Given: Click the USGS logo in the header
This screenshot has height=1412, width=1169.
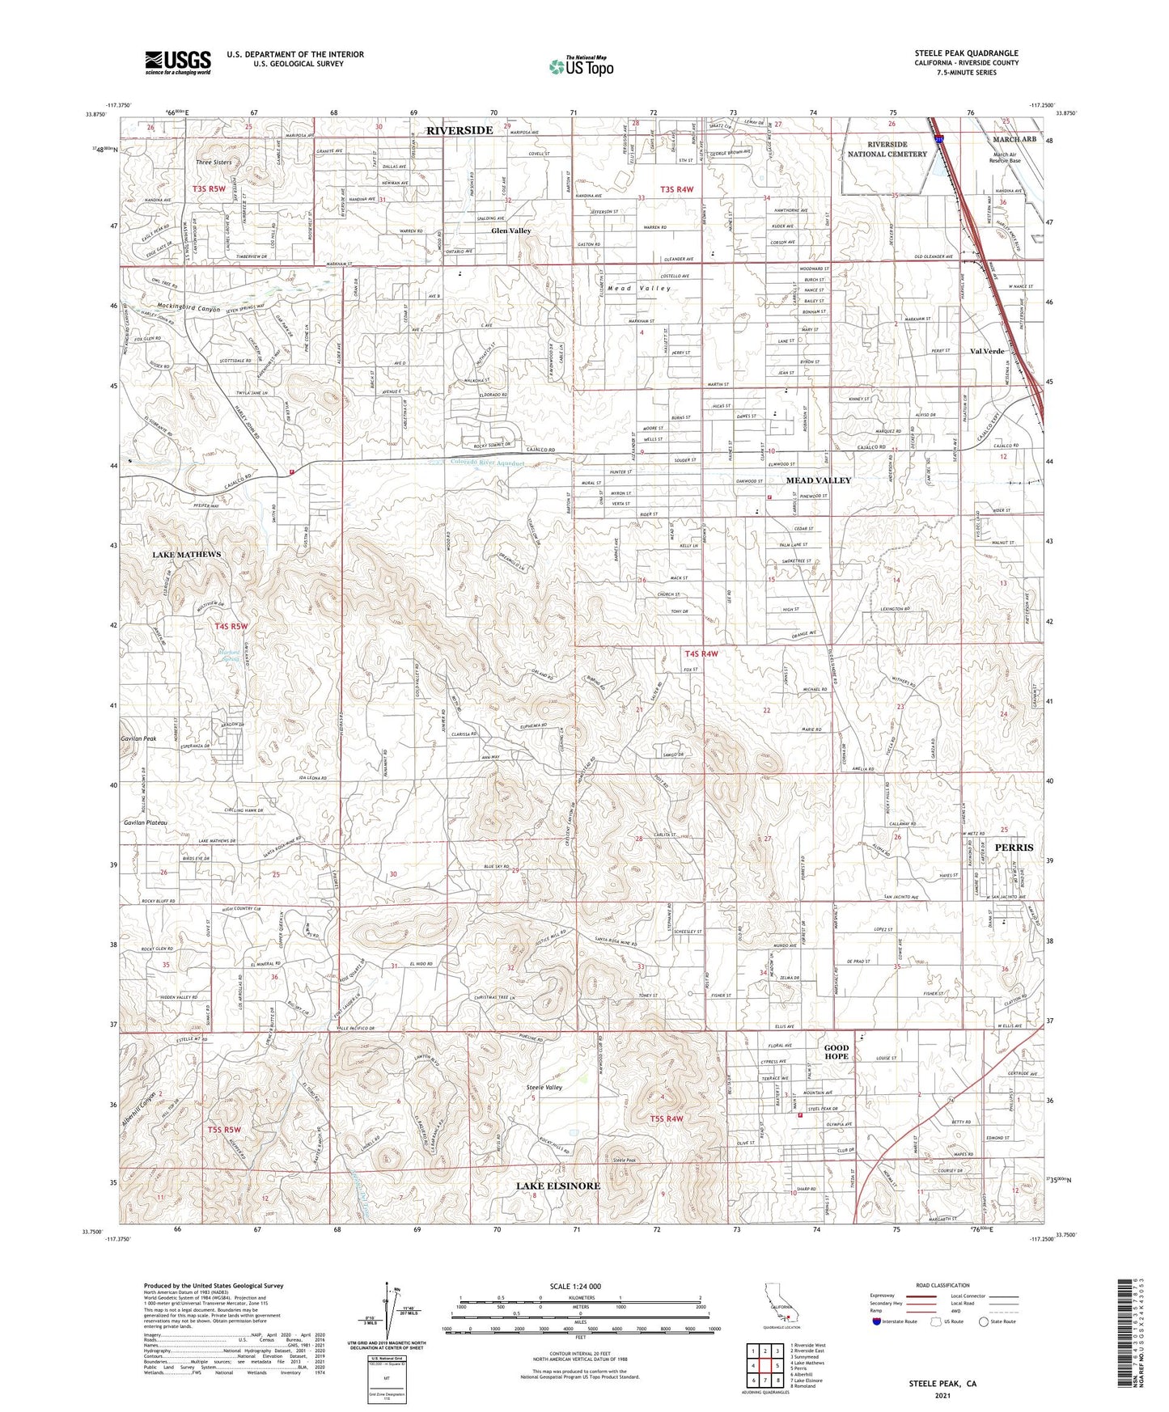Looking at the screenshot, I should (177, 62).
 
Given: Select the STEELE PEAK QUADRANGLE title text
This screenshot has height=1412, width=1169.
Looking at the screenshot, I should (966, 53).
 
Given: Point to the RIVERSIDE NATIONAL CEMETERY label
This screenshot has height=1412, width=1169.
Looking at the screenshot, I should (887, 149).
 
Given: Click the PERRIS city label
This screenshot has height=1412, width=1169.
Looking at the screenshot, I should (1014, 847).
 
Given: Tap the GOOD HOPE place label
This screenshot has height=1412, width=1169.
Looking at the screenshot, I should (836, 1052).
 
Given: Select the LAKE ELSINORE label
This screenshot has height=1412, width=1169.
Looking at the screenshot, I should (558, 1186).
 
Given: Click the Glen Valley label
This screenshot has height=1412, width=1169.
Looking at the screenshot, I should (511, 230).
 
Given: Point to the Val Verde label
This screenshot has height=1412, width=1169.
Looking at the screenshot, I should (987, 351).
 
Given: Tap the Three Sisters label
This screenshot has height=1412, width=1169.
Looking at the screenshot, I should (214, 163).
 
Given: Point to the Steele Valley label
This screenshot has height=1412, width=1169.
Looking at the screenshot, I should (544, 1088).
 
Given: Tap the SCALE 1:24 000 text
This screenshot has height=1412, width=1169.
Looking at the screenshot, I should (575, 1286).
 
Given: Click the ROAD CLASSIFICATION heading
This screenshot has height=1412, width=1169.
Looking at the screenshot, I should (942, 1285).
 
